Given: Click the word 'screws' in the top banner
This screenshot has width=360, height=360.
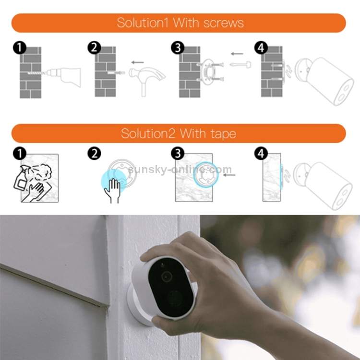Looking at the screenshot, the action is pos(224,23).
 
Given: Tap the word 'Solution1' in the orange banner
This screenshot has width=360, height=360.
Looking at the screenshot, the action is pos(143,23).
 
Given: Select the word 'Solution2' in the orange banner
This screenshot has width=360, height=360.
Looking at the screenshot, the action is pos(148,133).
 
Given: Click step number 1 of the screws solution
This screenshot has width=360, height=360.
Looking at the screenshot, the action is pos(20,48).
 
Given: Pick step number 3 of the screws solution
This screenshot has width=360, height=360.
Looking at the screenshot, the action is pos(178,48).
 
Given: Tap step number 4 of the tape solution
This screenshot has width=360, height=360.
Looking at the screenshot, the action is pos(261,154).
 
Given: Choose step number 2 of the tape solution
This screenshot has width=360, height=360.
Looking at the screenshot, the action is pos(95,154).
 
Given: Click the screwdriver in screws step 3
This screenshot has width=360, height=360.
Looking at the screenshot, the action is pos(240,64).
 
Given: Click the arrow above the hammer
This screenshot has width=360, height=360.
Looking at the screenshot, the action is pos(138,62).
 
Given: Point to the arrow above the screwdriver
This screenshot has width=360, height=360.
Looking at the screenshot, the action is pos(237,54).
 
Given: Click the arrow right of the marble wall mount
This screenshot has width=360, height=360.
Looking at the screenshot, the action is pos(229,175).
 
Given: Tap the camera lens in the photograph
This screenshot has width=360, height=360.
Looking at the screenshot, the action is pos(167,276).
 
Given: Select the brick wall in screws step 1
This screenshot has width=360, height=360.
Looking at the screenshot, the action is pos(31,72).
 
